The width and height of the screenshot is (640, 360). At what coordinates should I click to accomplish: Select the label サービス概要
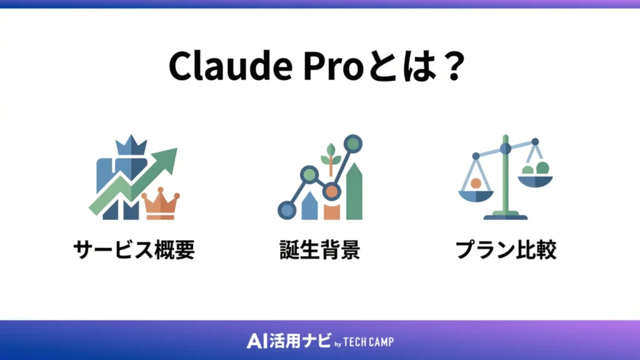[134, 250]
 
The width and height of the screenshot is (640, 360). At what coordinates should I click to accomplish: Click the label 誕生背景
[319, 250]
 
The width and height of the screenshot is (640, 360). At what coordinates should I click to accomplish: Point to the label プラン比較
[506, 250]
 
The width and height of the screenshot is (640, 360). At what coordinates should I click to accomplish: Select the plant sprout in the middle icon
[331, 156]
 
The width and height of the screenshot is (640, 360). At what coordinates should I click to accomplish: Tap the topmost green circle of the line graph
[353, 144]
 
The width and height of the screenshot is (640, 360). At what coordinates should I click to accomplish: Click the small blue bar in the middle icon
[309, 206]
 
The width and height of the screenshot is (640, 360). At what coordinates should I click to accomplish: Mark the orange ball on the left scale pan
[476, 183]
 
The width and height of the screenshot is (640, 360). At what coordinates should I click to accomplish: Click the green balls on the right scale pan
[536, 168]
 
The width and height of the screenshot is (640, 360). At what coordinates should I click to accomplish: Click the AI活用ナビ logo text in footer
[287, 341]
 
